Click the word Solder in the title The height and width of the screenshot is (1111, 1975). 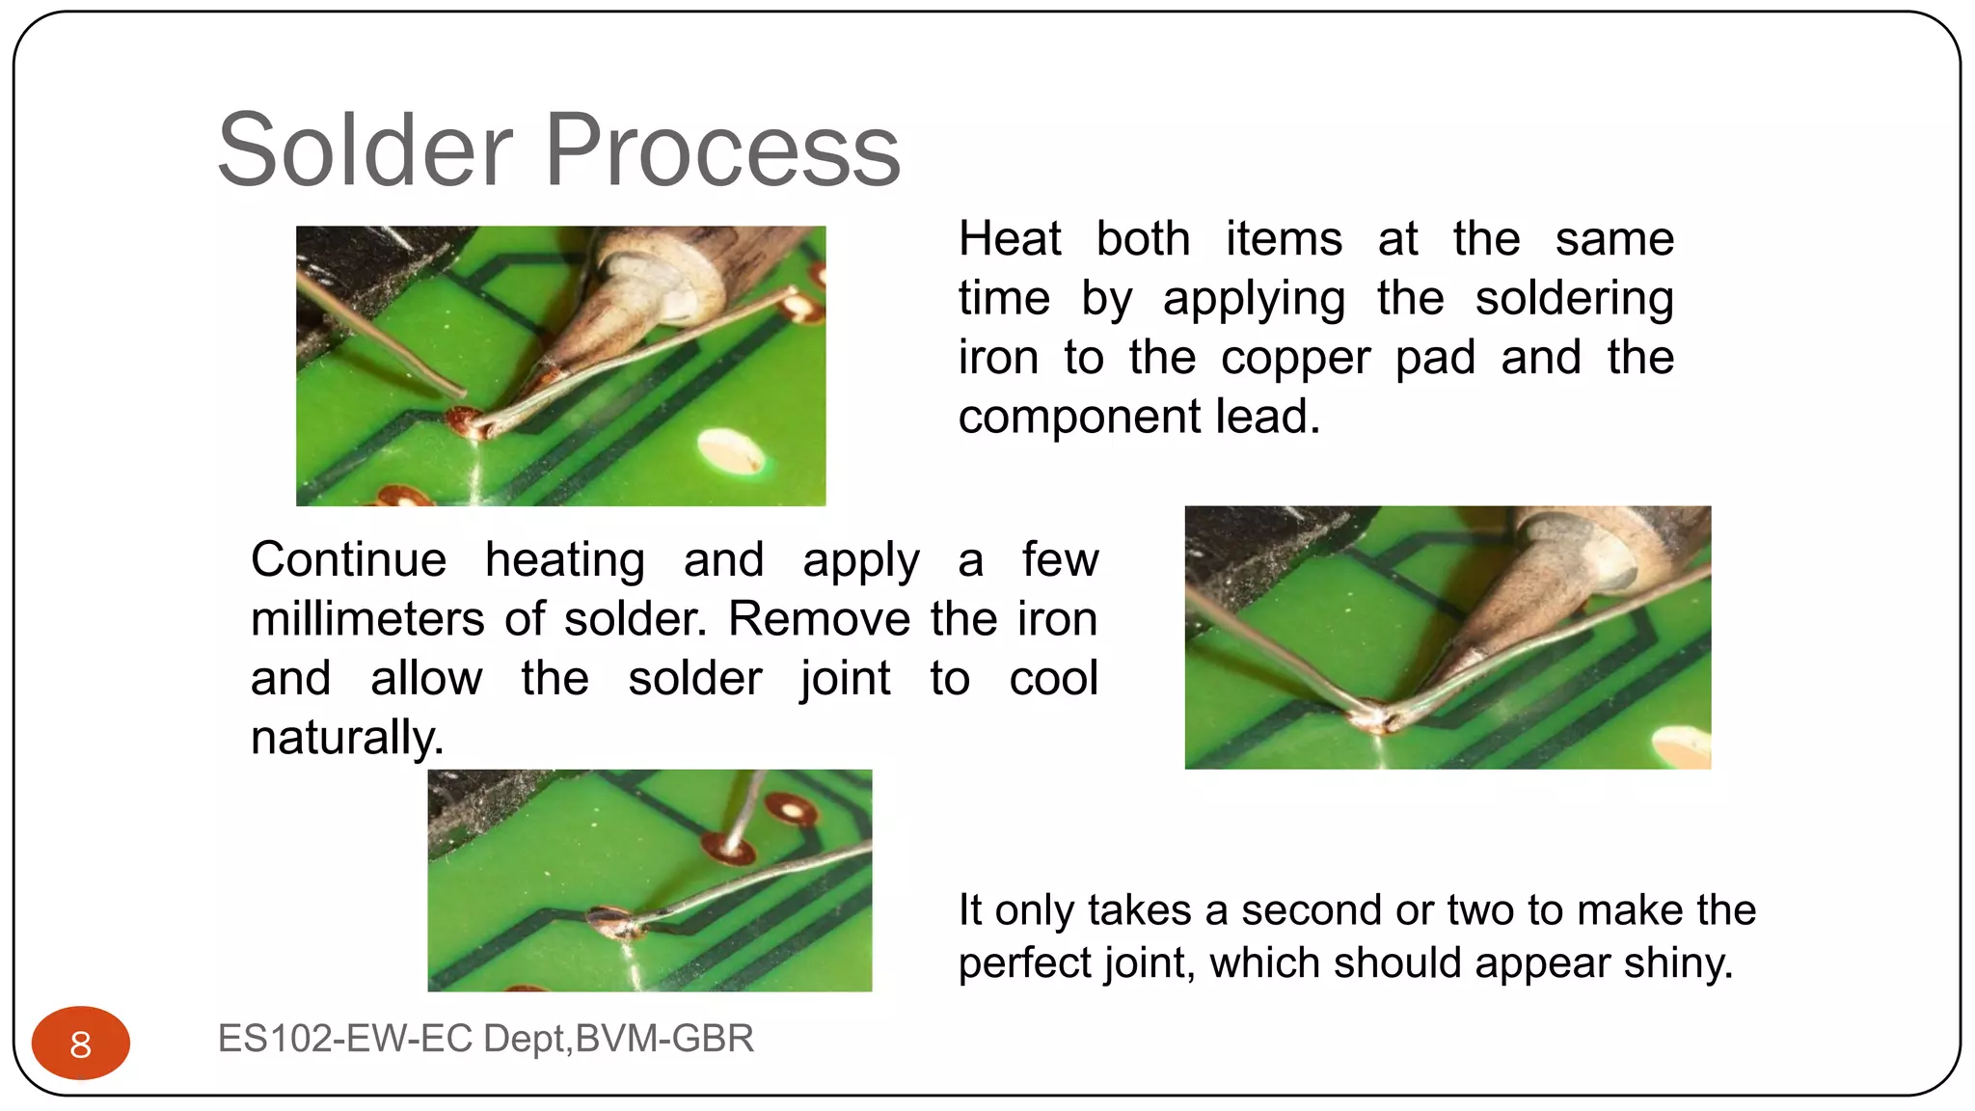pos(365,150)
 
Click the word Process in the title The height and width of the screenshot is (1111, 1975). pos(723,150)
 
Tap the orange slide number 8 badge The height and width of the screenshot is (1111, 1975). pos(81,1043)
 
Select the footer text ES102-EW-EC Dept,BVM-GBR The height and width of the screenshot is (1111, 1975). pos(485,1039)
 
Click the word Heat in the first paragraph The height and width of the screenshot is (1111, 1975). pos(1010,238)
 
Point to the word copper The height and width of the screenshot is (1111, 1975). pos(1295,358)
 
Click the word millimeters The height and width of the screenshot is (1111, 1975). pos(367,619)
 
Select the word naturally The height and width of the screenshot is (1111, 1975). pos(346,738)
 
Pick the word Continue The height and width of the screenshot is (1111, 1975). pos(348,559)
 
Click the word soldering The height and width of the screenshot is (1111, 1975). pos(1574,298)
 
